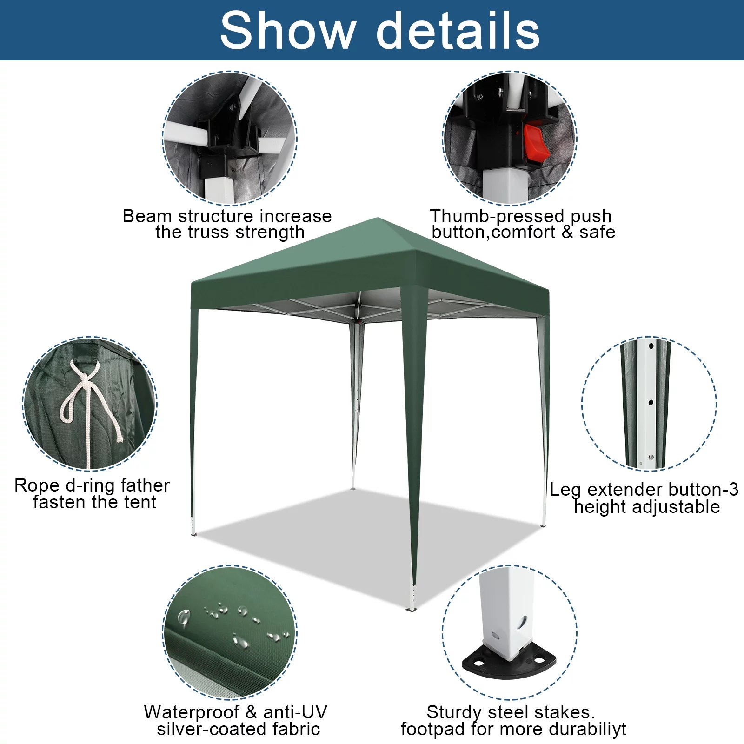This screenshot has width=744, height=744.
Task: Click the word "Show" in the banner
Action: [287, 31]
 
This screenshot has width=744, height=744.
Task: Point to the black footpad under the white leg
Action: [510, 664]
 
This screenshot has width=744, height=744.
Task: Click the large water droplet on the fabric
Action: [184, 618]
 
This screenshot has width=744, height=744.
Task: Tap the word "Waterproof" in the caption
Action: [192, 712]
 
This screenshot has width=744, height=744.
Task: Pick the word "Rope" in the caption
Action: [37, 485]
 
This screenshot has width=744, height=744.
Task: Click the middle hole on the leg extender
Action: [651, 403]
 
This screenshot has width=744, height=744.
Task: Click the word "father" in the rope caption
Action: [145, 485]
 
